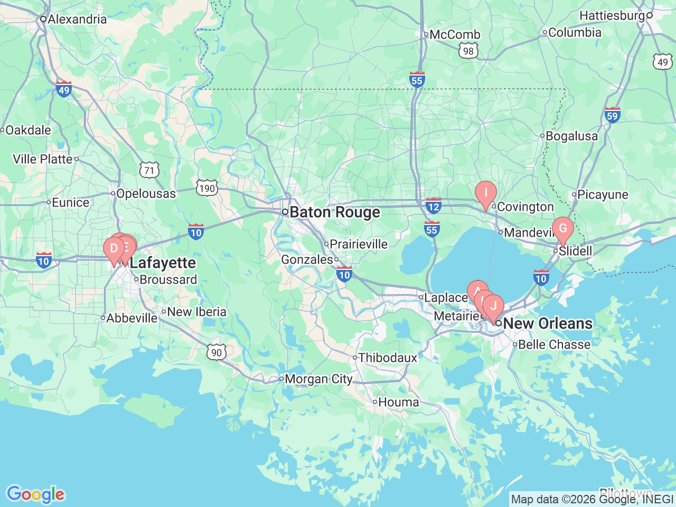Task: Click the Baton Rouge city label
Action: coord(334,212)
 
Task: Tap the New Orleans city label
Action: coord(548,323)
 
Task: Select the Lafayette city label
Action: coord(163,262)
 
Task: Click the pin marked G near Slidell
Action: coord(563,229)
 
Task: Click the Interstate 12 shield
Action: coord(434,206)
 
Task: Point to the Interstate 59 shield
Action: coord(612,115)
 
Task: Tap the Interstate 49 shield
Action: coord(64,89)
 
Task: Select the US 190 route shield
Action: coord(207,188)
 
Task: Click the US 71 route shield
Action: coord(150,170)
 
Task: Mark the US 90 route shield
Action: coord(217,352)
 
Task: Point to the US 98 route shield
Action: coord(468,51)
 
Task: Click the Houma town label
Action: coord(398,402)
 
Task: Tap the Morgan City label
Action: coord(318,379)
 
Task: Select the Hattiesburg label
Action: coord(612,16)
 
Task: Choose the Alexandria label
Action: coord(77,20)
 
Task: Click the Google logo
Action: coord(35,495)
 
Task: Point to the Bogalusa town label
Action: coord(571,136)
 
